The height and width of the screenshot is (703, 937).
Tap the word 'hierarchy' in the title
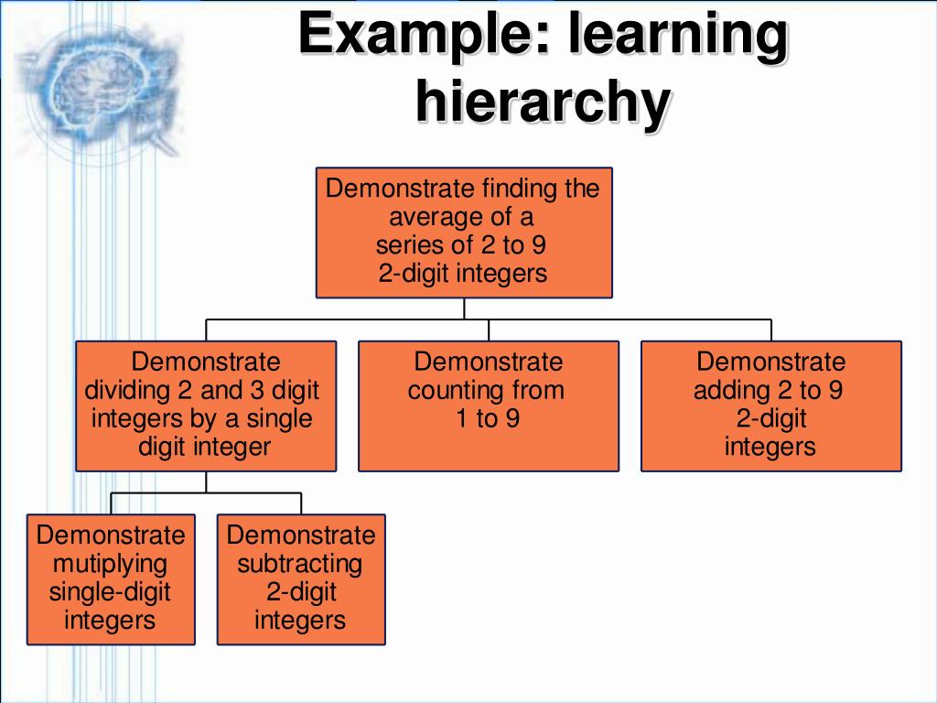click(542, 101)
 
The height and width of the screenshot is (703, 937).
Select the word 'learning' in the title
click(677, 35)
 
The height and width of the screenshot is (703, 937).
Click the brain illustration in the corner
click(96, 82)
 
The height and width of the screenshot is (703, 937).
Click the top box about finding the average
click(464, 232)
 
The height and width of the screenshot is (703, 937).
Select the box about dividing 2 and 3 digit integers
click(206, 406)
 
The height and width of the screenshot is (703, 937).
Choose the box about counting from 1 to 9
click(488, 406)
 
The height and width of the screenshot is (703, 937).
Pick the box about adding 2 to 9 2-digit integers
click(770, 406)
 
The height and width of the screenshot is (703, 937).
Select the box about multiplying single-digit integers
click(111, 579)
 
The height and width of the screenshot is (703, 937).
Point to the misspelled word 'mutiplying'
click(110, 563)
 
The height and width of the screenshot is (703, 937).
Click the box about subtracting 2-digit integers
click(301, 579)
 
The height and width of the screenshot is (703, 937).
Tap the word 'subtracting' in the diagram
click(300, 563)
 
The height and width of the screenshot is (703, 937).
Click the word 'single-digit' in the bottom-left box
click(110, 591)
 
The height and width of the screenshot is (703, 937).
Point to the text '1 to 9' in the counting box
click(488, 419)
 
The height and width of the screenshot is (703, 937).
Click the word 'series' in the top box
click(408, 245)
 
